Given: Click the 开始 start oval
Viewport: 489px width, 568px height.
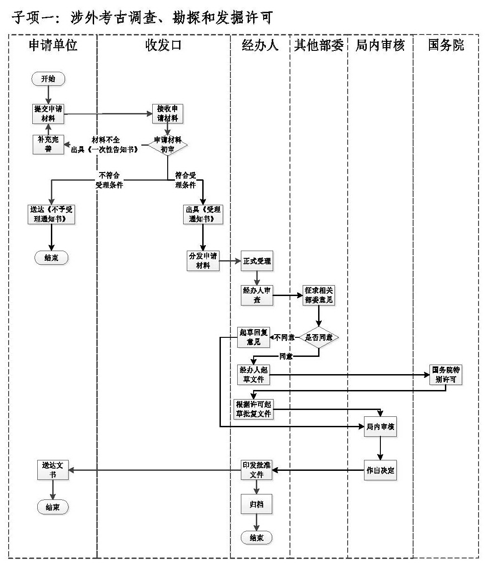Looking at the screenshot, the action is coord(49,79).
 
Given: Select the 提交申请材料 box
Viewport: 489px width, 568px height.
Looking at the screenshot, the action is coord(48,114).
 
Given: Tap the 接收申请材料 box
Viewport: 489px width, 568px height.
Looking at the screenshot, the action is coord(168,114).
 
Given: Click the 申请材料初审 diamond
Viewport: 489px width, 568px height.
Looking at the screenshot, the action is coord(168,144).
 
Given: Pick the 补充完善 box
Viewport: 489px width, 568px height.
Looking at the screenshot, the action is coord(48,144).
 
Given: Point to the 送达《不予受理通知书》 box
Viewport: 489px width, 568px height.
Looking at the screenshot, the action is coord(51,214).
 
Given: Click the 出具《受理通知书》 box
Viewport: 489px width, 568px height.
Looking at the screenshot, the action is coord(203,214).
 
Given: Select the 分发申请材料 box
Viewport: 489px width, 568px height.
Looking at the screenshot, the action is coord(203,261).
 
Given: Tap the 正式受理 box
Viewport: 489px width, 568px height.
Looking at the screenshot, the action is coord(257,261).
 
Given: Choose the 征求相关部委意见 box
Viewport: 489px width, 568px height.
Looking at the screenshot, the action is coord(319,296).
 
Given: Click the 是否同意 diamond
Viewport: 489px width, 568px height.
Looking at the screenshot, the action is coord(319,337).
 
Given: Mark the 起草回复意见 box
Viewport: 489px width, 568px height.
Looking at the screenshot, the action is coord(253,337).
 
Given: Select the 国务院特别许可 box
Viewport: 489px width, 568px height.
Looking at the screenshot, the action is coord(445,375).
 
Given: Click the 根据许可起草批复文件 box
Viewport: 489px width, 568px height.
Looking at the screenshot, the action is coord(253,409).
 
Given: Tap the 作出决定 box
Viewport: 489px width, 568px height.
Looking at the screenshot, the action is coord(380,470).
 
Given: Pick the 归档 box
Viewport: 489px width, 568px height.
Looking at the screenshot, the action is coord(256,504).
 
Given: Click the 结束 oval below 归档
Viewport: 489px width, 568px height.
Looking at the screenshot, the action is coord(256,538).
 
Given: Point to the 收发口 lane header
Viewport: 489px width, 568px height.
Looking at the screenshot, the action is coord(163,45).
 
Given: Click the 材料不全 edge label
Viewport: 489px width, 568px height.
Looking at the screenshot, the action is coord(105,140).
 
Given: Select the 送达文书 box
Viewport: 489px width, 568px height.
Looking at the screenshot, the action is coord(53,470).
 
